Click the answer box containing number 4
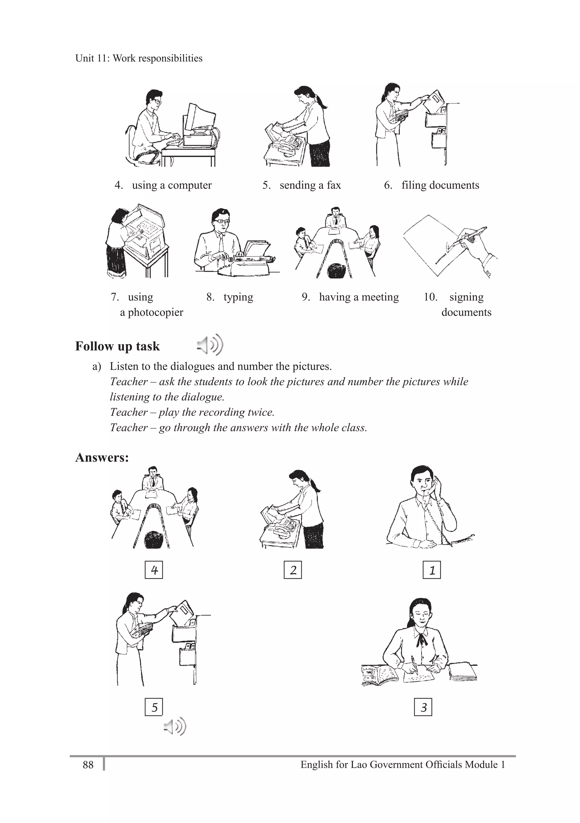(x=153, y=570)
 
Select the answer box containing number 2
(x=293, y=570)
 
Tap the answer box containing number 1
(x=432, y=570)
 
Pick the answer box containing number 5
(x=153, y=707)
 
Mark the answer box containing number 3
(x=423, y=707)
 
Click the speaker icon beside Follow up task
(x=210, y=345)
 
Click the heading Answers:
(x=102, y=458)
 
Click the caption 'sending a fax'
(x=310, y=185)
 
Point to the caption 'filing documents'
(x=440, y=185)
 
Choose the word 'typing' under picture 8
(x=238, y=297)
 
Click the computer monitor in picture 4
(x=202, y=117)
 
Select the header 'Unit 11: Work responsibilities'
(x=139, y=58)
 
